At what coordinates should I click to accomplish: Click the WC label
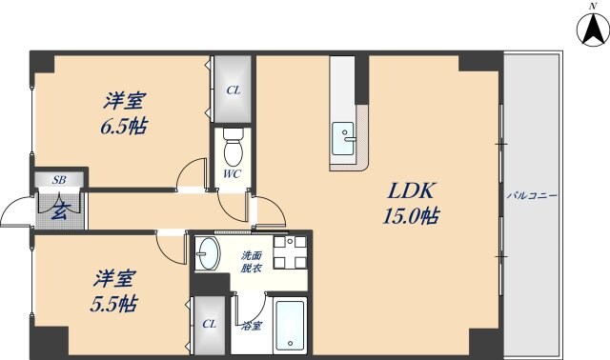(x=233, y=175)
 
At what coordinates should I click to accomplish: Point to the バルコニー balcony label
(x=533, y=195)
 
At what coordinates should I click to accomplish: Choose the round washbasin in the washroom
(x=209, y=253)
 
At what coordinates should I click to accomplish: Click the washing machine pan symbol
(x=289, y=251)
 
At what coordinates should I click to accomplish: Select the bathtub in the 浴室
(x=290, y=326)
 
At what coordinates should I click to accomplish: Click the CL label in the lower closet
(x=209, y=323)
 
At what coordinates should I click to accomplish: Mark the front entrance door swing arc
(x=13, y=215)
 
